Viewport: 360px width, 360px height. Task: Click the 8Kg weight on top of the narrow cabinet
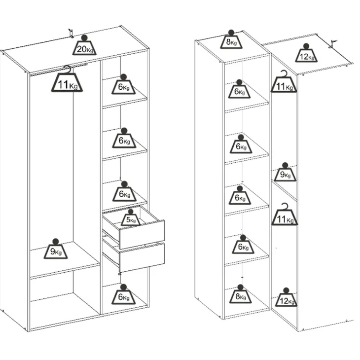231,39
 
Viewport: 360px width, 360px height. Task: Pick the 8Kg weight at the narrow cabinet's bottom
240,294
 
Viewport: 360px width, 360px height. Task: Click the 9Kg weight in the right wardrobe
285,172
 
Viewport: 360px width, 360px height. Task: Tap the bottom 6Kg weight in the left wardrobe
123,294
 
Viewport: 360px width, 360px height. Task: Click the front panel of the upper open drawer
142,234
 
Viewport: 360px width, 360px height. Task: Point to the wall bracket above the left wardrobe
71,34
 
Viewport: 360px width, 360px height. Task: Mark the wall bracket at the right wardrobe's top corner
332,44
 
